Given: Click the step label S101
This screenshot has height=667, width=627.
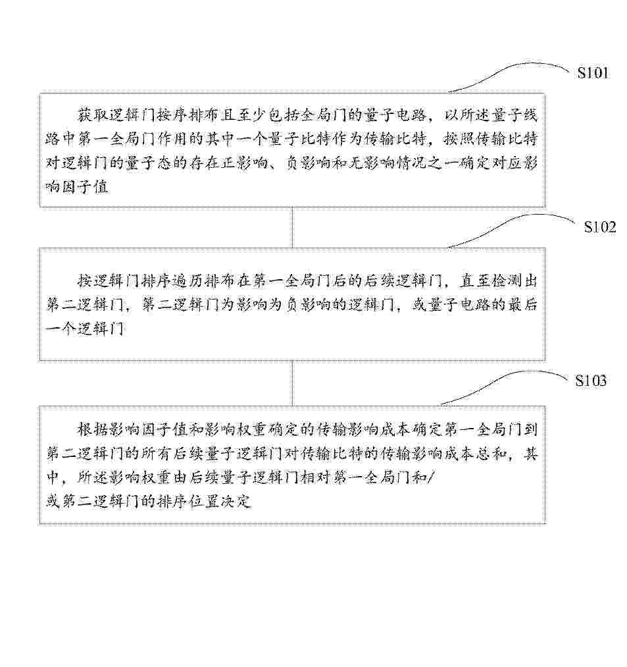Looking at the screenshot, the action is click(593, 72).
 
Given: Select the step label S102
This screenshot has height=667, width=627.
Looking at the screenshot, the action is click(600, 227).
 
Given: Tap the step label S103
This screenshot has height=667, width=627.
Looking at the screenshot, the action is click(590, 381).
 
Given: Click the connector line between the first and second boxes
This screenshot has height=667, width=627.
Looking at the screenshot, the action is click(292, 228).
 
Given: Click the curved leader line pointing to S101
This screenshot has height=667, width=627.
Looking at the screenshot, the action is click(510, 72).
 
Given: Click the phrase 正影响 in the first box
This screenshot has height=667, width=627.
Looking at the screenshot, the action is click(244, 163).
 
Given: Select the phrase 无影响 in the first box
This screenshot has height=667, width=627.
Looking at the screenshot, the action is click(371, 163).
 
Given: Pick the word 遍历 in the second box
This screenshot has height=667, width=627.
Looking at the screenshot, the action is click(188, 280).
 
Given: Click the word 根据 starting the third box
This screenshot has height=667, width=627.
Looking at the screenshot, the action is click(93, 430).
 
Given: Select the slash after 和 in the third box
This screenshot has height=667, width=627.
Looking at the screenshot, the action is click(430, 478).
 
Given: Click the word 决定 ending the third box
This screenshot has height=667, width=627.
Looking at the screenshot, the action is click(236, 502).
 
